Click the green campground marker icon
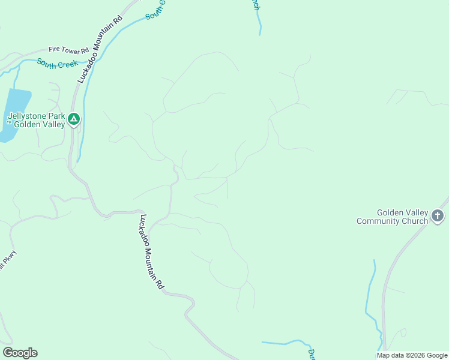[x=74, y=119]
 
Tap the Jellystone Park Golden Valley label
[x=35, y=120]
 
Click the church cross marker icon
[x=438, y=216]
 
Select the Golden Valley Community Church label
[x=393, y=217]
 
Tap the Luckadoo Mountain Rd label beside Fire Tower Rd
[x=100, y=49]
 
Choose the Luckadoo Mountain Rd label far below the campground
[x=151, y=252]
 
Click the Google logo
[x=20, y=353]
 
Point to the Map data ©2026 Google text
[x=412, y=355]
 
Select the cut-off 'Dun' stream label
[x=312, y=353]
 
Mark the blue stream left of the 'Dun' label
[x=282, y=343]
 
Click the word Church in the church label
[x=415, y=221]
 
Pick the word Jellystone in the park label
[x=23, y=116]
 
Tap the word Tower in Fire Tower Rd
[x=71, y=50]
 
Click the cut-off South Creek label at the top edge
[x=157, y=10]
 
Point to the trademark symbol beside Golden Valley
[x=9, y=122]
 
